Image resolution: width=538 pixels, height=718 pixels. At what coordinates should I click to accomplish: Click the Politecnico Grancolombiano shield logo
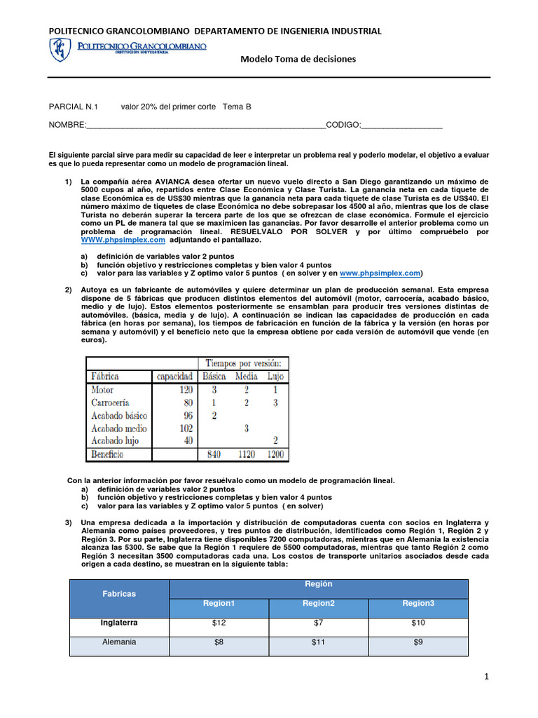60,50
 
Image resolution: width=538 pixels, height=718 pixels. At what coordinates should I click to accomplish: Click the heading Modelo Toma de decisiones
298,59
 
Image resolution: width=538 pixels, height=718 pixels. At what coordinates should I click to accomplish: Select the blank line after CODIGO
402,126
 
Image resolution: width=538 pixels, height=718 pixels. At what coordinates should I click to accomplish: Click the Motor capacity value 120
185,389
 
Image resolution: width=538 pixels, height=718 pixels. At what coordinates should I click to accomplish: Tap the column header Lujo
275,376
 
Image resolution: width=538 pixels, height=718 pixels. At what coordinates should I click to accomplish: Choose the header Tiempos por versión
243,363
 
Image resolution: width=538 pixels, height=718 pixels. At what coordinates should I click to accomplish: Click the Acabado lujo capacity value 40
187,441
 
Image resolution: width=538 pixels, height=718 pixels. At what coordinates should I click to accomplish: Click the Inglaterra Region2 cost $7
318,623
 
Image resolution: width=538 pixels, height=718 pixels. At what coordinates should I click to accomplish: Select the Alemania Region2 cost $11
318,642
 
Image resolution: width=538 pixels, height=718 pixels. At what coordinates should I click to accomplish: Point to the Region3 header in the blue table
418,604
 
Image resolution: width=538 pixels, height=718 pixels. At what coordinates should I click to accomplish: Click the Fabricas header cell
119,594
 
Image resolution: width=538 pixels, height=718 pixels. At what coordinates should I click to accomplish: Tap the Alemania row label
119,642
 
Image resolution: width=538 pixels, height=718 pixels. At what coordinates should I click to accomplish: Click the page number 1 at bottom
485,676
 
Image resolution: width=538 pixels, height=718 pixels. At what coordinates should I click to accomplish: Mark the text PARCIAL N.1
74,107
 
